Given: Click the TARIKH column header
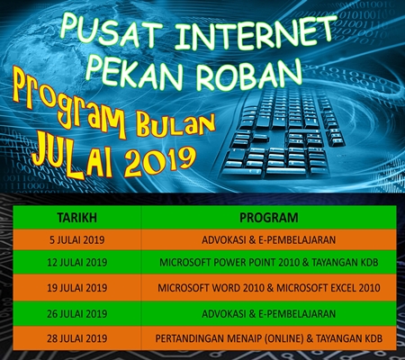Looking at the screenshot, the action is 77,218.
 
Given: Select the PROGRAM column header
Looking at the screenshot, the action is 269,218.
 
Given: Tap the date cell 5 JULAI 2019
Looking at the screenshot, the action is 77,240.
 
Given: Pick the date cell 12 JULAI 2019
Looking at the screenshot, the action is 77,263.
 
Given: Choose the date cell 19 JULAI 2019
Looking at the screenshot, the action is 77,288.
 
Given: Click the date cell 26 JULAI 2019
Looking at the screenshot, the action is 77,314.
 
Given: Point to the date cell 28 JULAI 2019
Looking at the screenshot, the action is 77,338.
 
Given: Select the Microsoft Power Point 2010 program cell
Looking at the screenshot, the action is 269,263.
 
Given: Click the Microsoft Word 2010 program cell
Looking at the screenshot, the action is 269,288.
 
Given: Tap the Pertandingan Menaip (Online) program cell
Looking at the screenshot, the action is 269,338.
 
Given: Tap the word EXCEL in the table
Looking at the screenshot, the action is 344,288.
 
